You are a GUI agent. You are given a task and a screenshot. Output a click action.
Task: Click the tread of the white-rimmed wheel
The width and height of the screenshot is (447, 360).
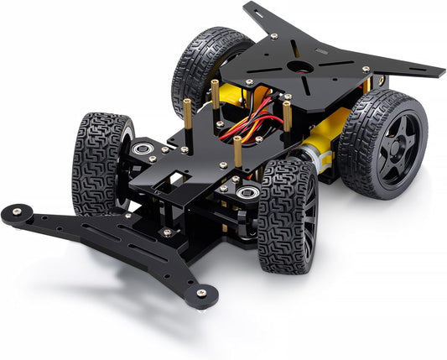[x=92, y=159]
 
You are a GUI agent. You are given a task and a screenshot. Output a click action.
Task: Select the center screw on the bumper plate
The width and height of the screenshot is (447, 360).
[x=167, y=232]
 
